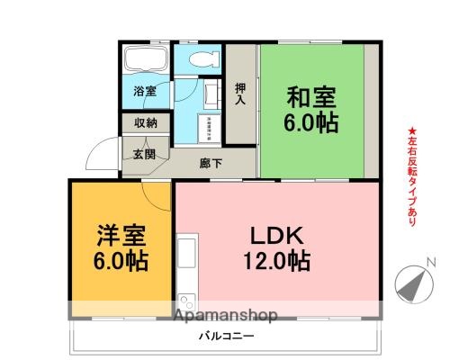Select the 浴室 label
pyautogui.click(x=145, y=92)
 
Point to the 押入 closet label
pyautogui.click(x=240, y=94)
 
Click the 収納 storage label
pyautogui.click(x=145, y=123)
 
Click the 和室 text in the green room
pyautogui.click(x=312, y=94)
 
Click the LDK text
pyautogui.click(x=280, y=237)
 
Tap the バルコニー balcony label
pyautogui.click(x=225, y=336)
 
